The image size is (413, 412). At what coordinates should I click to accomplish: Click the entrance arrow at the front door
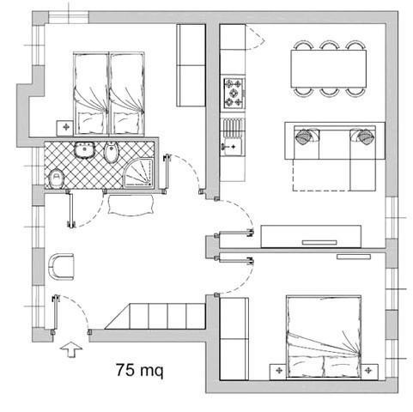71,349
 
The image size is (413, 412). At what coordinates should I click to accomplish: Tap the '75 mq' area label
140,371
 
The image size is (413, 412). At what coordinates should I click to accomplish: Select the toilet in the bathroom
56,179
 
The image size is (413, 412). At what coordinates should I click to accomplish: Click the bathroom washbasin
84,149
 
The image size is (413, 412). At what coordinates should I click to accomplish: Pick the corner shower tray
139,173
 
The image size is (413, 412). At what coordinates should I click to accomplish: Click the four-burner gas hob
234,94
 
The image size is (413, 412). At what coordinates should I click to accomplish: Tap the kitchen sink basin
232,147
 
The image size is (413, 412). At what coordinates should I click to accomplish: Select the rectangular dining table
328,69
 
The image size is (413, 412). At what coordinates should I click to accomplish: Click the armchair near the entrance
61,266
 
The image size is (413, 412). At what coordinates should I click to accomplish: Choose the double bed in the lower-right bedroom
324,336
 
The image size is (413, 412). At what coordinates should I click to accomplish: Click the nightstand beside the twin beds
65,128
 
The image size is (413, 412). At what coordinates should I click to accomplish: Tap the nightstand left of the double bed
278,372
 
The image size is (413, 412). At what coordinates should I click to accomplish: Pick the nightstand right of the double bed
369,372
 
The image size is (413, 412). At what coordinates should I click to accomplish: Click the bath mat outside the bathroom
131,205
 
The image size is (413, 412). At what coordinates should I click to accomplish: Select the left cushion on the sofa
305,136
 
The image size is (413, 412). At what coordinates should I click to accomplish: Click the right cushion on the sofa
364,136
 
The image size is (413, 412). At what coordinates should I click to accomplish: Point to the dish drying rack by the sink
233,126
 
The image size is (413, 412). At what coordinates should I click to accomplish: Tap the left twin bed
91,94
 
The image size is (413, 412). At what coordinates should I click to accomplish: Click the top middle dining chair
330,45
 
